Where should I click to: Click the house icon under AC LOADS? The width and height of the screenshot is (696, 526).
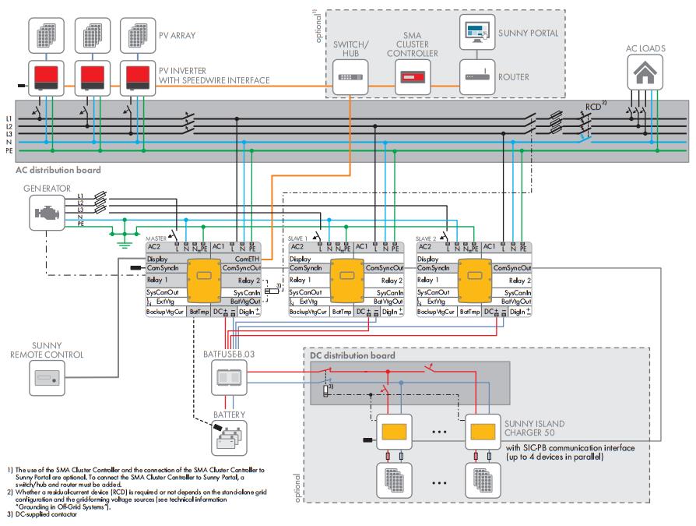(x=645, y=76)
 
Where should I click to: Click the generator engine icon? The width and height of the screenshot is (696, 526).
(x=47, y=211)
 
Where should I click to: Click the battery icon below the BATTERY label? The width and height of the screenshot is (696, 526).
(x=229, y=440)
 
